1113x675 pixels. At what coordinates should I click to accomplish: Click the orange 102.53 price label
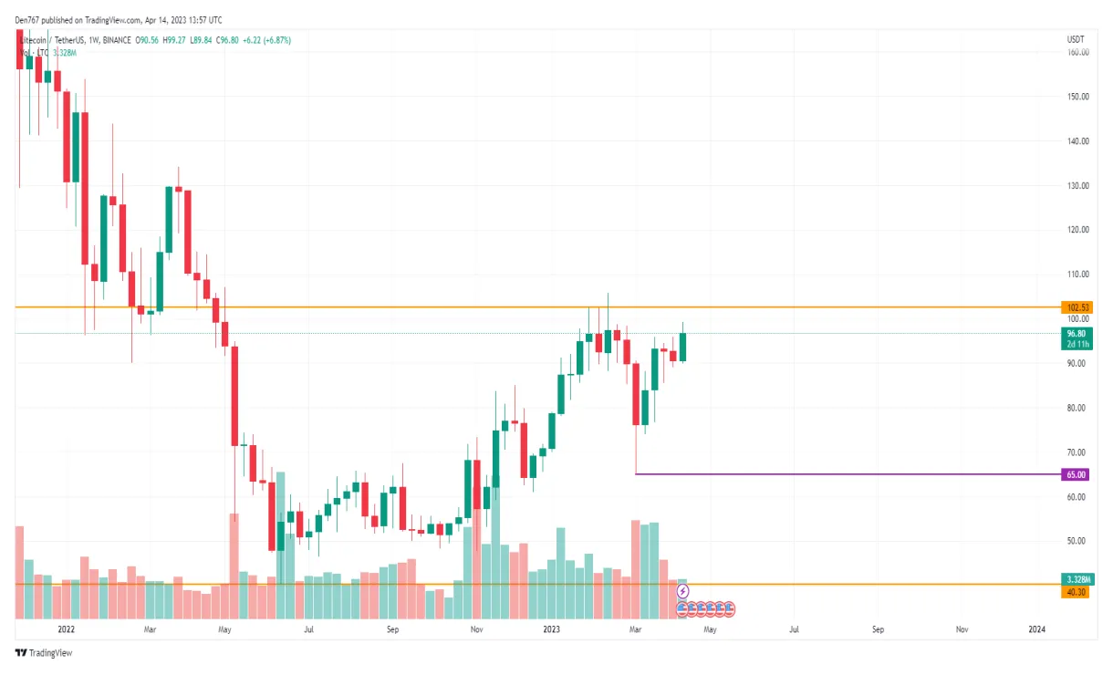coord(1077,307)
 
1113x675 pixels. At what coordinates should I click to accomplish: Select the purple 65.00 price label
coord(1077,474)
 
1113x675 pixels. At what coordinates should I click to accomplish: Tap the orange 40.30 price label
coord(1077,592)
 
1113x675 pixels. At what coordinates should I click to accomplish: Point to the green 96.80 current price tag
coord(1077,334)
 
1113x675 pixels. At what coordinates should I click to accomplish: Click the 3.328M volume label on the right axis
coord(1079,579)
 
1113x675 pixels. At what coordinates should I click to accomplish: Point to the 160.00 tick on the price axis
coord(1078,53)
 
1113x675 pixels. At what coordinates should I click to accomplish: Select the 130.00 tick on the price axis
coord(1078,186)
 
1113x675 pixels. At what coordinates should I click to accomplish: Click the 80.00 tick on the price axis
coord(1077,409)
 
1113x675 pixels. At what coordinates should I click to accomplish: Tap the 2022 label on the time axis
coord(66,629)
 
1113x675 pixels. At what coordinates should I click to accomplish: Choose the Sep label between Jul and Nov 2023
coord(878,629)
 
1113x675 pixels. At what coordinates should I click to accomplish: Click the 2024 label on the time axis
coord(1036,629)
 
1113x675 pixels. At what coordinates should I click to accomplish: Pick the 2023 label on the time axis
coord(550,629)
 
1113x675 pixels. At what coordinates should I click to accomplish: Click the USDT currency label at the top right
coord(1076,40)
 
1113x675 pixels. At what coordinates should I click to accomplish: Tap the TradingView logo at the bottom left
coord(43,653)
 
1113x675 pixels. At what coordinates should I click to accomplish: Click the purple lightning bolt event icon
coord(683,592)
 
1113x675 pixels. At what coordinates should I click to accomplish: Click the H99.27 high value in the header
coord(174,40)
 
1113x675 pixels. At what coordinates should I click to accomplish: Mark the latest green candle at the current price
coord(682,347)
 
